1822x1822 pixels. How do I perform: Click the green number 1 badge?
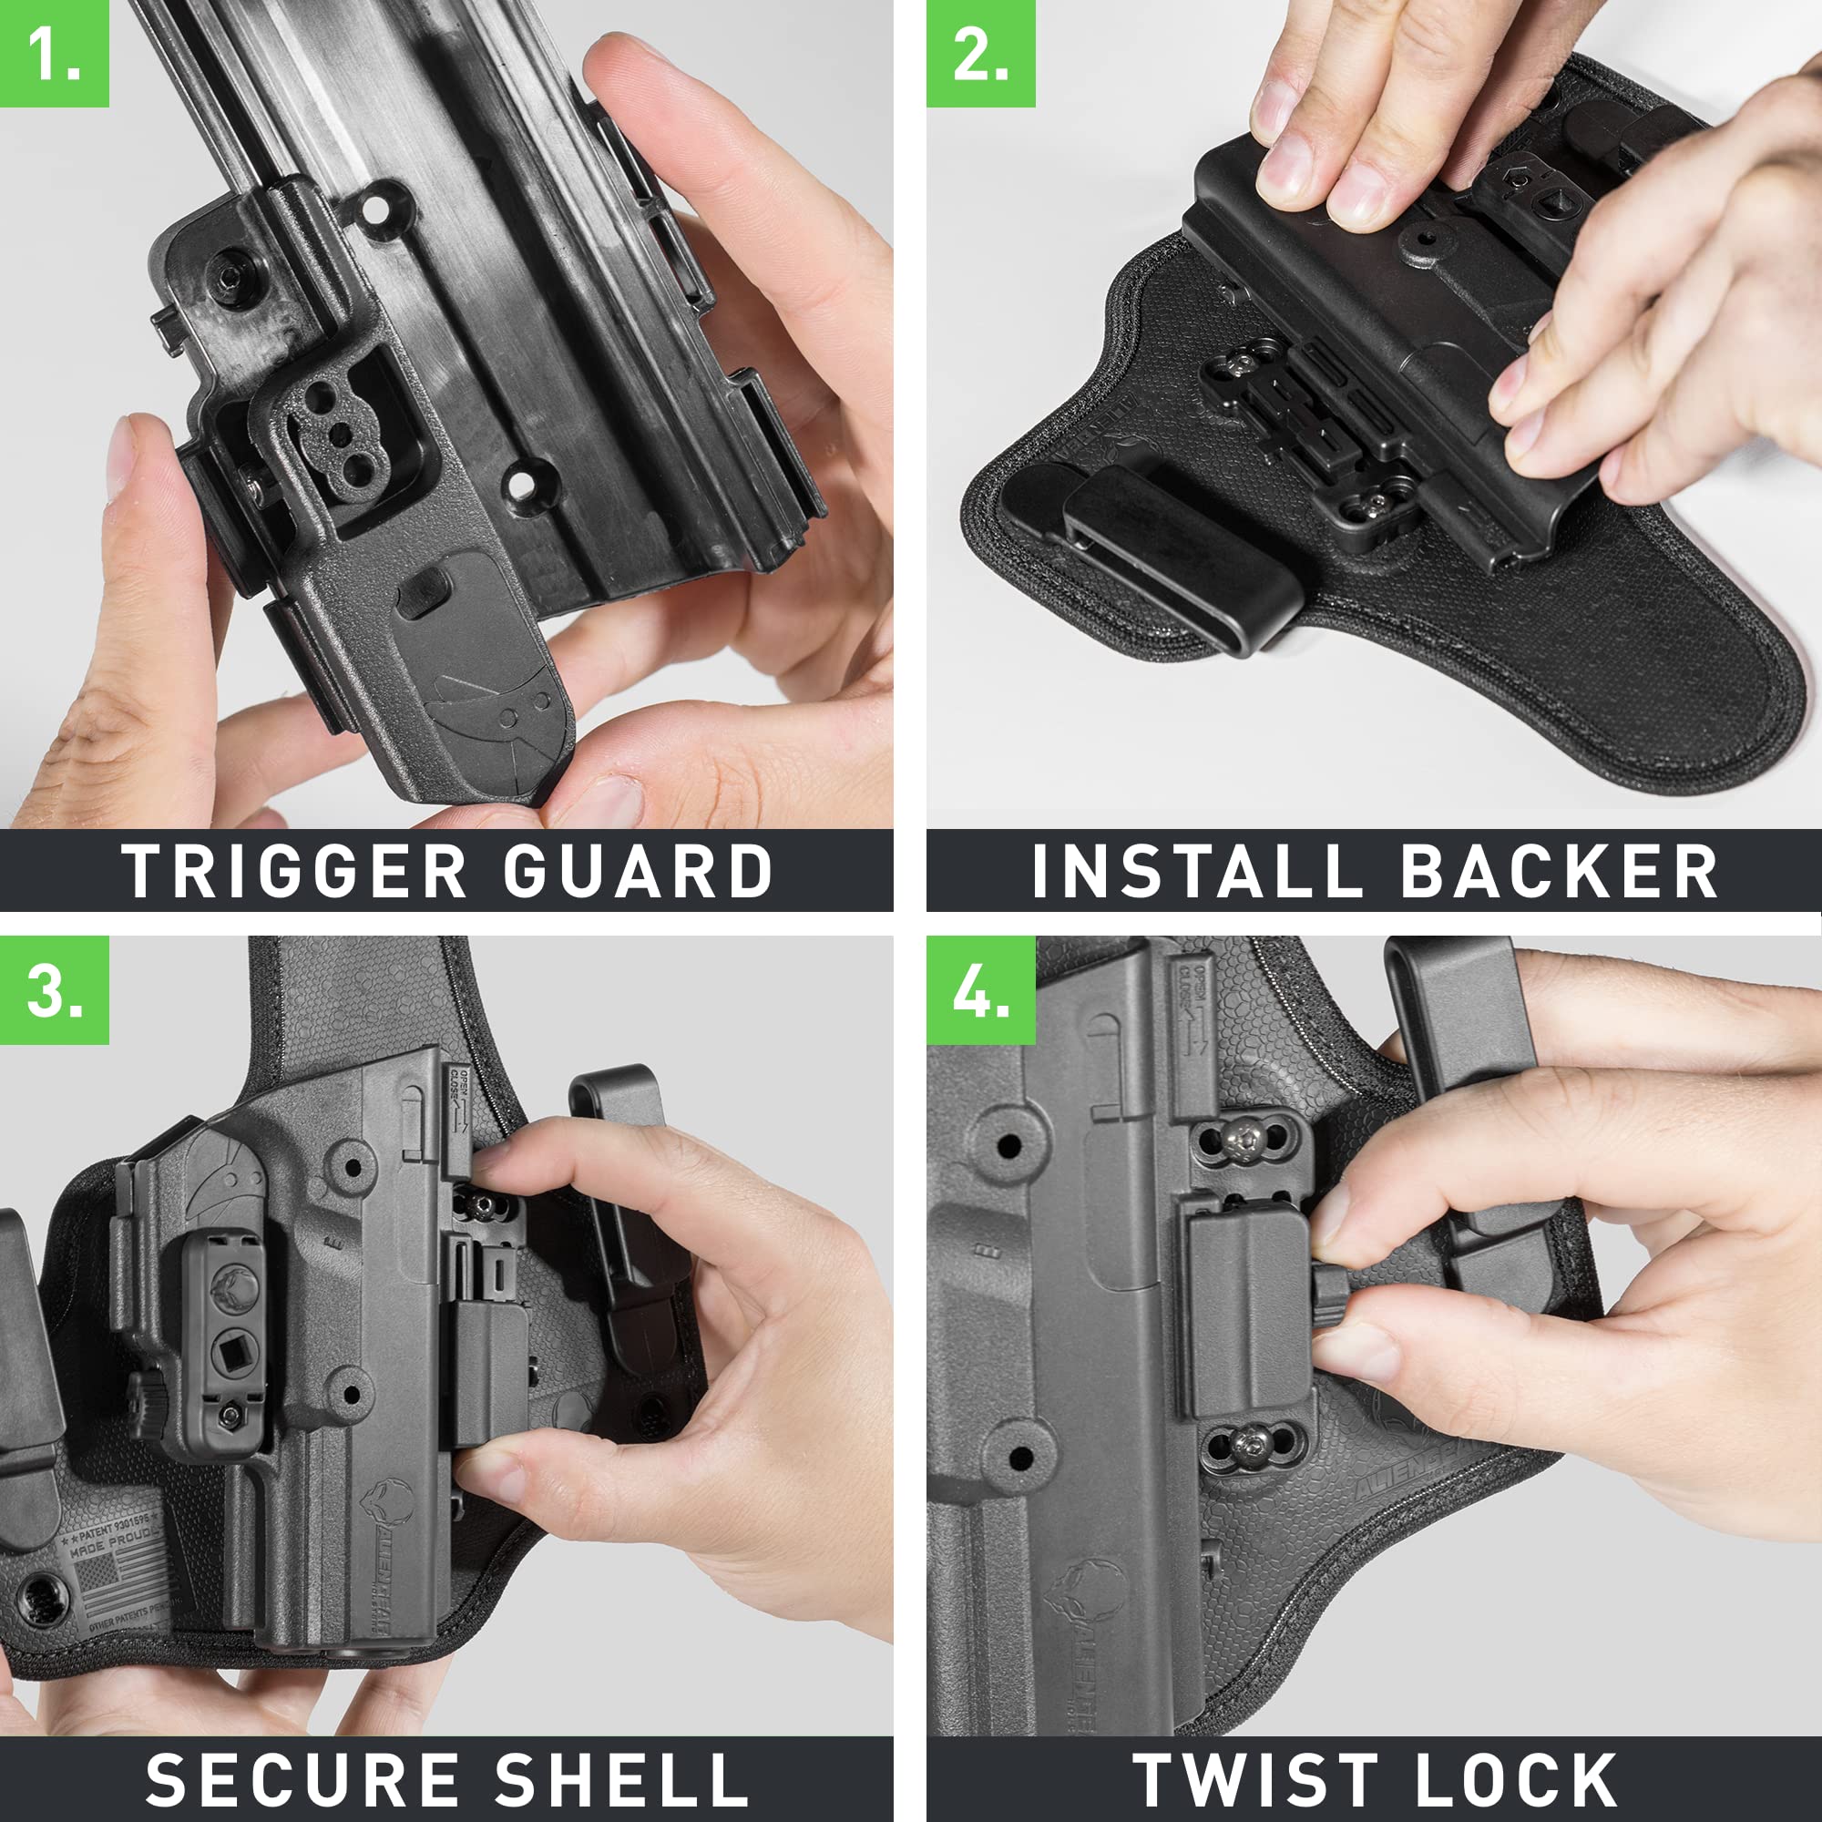pos(54,53)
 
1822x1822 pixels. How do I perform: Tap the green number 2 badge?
pos(980,53)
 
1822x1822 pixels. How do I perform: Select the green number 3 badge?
pos(54,990)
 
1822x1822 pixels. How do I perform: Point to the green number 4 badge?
pos(980,990)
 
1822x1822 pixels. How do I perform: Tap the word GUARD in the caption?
pos(638,872)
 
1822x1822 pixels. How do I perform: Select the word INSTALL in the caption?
pos(1197,872)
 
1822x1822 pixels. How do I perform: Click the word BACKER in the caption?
pos(1559,872)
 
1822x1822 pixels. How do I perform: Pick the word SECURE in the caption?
pos(302,1778)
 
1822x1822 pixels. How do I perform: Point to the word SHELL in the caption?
pos(622,1778)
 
